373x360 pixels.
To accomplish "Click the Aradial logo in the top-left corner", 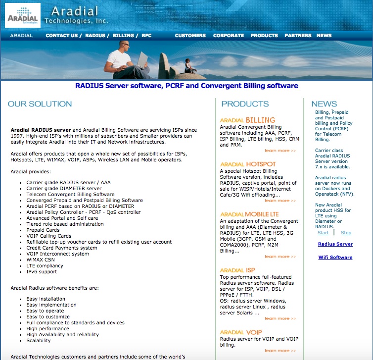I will [x=22, y=16].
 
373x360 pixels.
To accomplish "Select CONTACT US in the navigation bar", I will [x=61, y=36].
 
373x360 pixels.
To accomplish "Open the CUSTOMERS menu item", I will [x=190, y=36].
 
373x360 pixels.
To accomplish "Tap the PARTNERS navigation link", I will [x=298, y=36].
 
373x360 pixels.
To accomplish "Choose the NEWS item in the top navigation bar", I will [x=324, y=36].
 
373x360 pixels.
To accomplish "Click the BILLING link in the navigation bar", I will [x=123, y=36].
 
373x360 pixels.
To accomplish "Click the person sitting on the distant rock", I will [x=188, y=65].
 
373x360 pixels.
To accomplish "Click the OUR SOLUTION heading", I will [x=40, y=104].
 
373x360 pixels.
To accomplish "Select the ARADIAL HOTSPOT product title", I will [x=248, y=164].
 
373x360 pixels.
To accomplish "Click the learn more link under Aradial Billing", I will [x=280, y=151].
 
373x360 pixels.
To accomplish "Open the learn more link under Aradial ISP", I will [x=280, y=318].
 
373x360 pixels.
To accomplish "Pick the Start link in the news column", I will [x=323, y=233].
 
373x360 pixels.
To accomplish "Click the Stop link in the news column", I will [x=346, y=233].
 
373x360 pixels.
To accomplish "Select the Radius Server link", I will [x=335, y=244].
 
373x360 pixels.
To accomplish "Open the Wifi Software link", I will [x=335, y=257].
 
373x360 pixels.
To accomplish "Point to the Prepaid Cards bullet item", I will [x=43, y=230].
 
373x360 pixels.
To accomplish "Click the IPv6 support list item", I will [x=42, y=272].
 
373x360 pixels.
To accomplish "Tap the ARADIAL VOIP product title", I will [x=241, y=332].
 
